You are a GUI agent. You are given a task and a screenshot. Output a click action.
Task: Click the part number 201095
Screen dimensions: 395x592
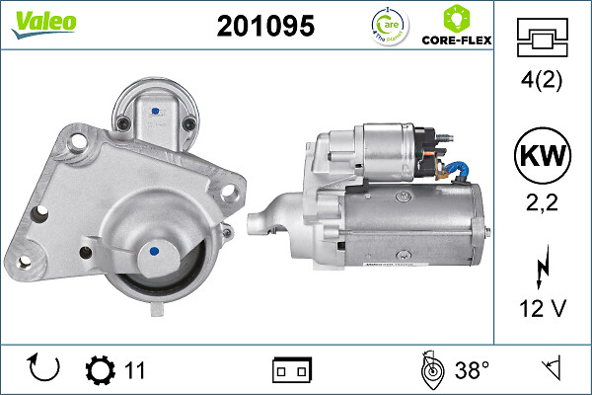click(x=265, y=27)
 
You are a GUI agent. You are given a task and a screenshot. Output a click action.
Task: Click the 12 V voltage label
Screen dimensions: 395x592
click(x=541, y=308)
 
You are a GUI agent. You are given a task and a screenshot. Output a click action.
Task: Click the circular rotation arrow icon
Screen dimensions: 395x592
click(x=45, y=369)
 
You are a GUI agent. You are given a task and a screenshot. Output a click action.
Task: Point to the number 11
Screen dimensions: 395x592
click(x=135, y=370)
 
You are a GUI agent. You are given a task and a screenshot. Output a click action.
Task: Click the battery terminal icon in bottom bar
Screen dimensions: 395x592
click(x=292, y=370)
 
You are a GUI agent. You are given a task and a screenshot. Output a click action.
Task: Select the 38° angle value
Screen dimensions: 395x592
click(x=473, y=370)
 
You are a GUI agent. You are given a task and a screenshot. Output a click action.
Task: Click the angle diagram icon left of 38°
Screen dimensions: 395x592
click(x=429, y=369)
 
